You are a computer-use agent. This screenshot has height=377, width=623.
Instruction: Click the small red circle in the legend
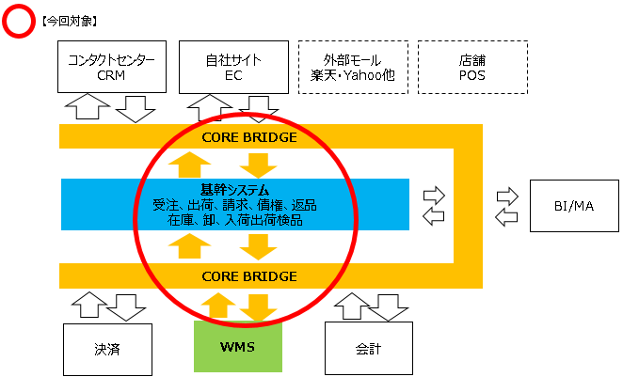pyautogui.click(x=19, y=20)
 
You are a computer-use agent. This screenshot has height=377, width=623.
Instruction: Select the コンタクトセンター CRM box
pyautogui.click(x=111, y=67)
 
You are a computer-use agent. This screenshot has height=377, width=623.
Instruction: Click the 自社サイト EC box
pyautogui.click(x=232, y=67)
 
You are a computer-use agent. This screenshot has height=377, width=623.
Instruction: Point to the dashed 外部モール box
pyautogui.click(x=353, y=67)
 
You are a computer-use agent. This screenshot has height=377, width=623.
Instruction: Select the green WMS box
pyautogui.click(x=236, y=348)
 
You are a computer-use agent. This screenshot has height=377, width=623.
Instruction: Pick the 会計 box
pyautogui.click(x=369, y=349)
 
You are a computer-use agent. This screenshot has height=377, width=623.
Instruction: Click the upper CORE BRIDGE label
pyautogui.click(x=249, y=136)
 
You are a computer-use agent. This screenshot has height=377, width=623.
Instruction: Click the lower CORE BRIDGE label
pyautogui.click(x=249, y=276)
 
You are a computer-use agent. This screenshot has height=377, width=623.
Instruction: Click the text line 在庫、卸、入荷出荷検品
pyautogui.click(x=235, y=220)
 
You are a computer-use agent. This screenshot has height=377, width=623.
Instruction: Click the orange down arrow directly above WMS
pyautogui.click(x=254, y=306)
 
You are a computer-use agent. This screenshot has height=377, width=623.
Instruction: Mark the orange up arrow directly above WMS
pyautogui.click(x=216, y=306)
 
